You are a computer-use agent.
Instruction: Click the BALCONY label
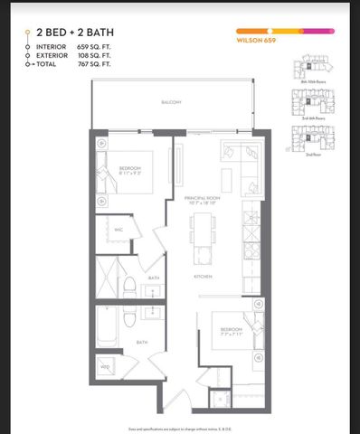click(x=172, y=102)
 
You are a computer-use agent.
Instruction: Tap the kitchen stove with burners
click(x=251, y=218)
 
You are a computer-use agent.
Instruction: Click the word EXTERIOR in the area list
click(x=52, y=56)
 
